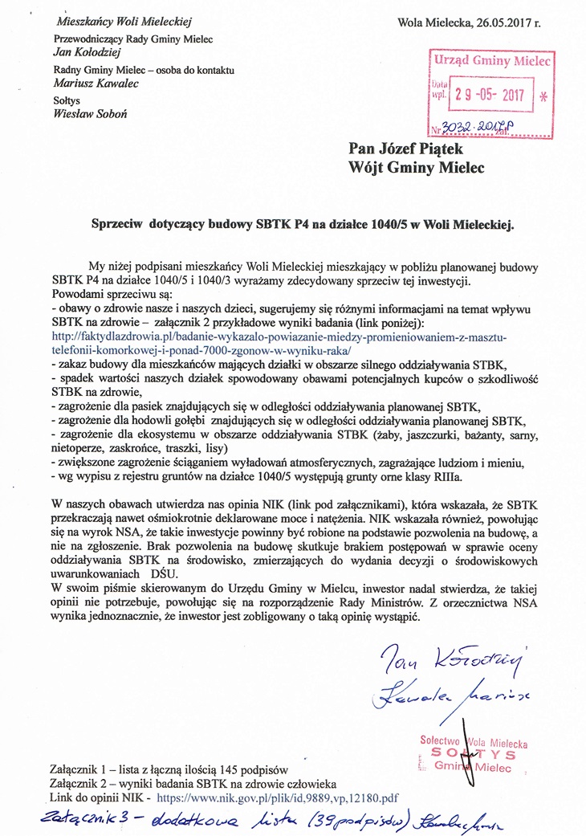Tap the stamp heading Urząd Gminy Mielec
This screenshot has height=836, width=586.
point(491,61)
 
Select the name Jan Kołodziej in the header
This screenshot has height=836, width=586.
point(85,52)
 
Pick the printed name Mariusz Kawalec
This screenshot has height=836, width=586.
point(95,83)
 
